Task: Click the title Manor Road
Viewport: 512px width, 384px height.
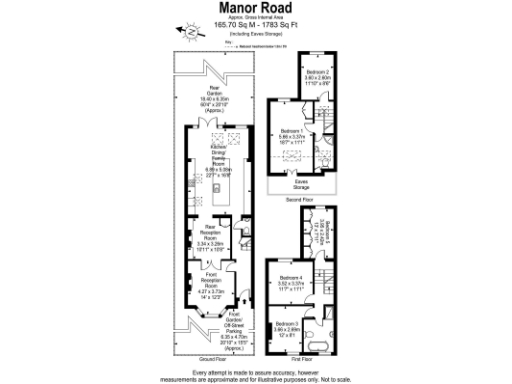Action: pos(255,9)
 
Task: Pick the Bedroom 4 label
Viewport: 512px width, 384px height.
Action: pos(290,280)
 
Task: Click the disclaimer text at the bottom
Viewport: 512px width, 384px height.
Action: pos(256,372)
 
